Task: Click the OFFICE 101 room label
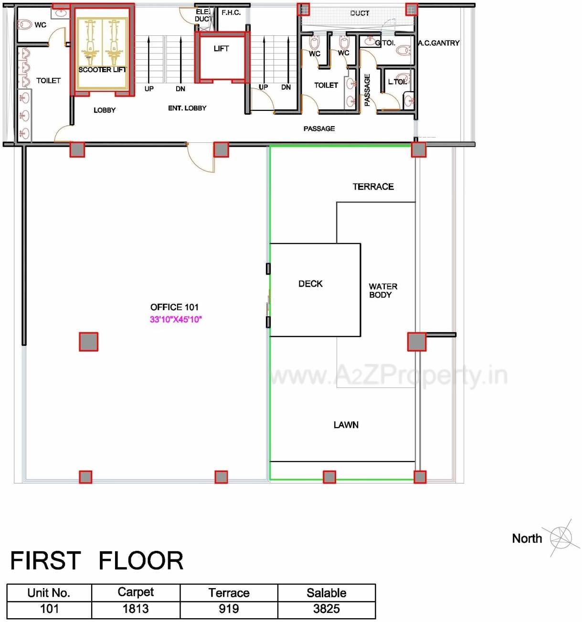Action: tap(174, 307)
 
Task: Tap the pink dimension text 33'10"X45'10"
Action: tap(176, 320)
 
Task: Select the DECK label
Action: tap(310, 284)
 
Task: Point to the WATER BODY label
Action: tap(382, 290)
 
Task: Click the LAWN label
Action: tap(346, 425)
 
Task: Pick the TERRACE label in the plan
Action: tap(373, 187)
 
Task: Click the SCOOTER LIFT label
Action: tap(102, 70)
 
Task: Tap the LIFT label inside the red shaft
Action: tap(221, 49)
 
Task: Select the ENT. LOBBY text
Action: tap(187, 108)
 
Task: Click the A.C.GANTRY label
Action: tap(438, 43)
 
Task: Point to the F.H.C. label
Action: tap(231, 13)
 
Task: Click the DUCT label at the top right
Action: tap(360, 13)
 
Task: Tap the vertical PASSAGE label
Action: tap(367, 90)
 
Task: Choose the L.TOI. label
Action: tap(397, 82)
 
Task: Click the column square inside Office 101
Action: tap(89, 342)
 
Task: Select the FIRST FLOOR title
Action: tap(97, 561)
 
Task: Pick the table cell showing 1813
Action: tap(136, 609)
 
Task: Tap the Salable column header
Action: tap(327, 593)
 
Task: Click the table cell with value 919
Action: tap(229, 609)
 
